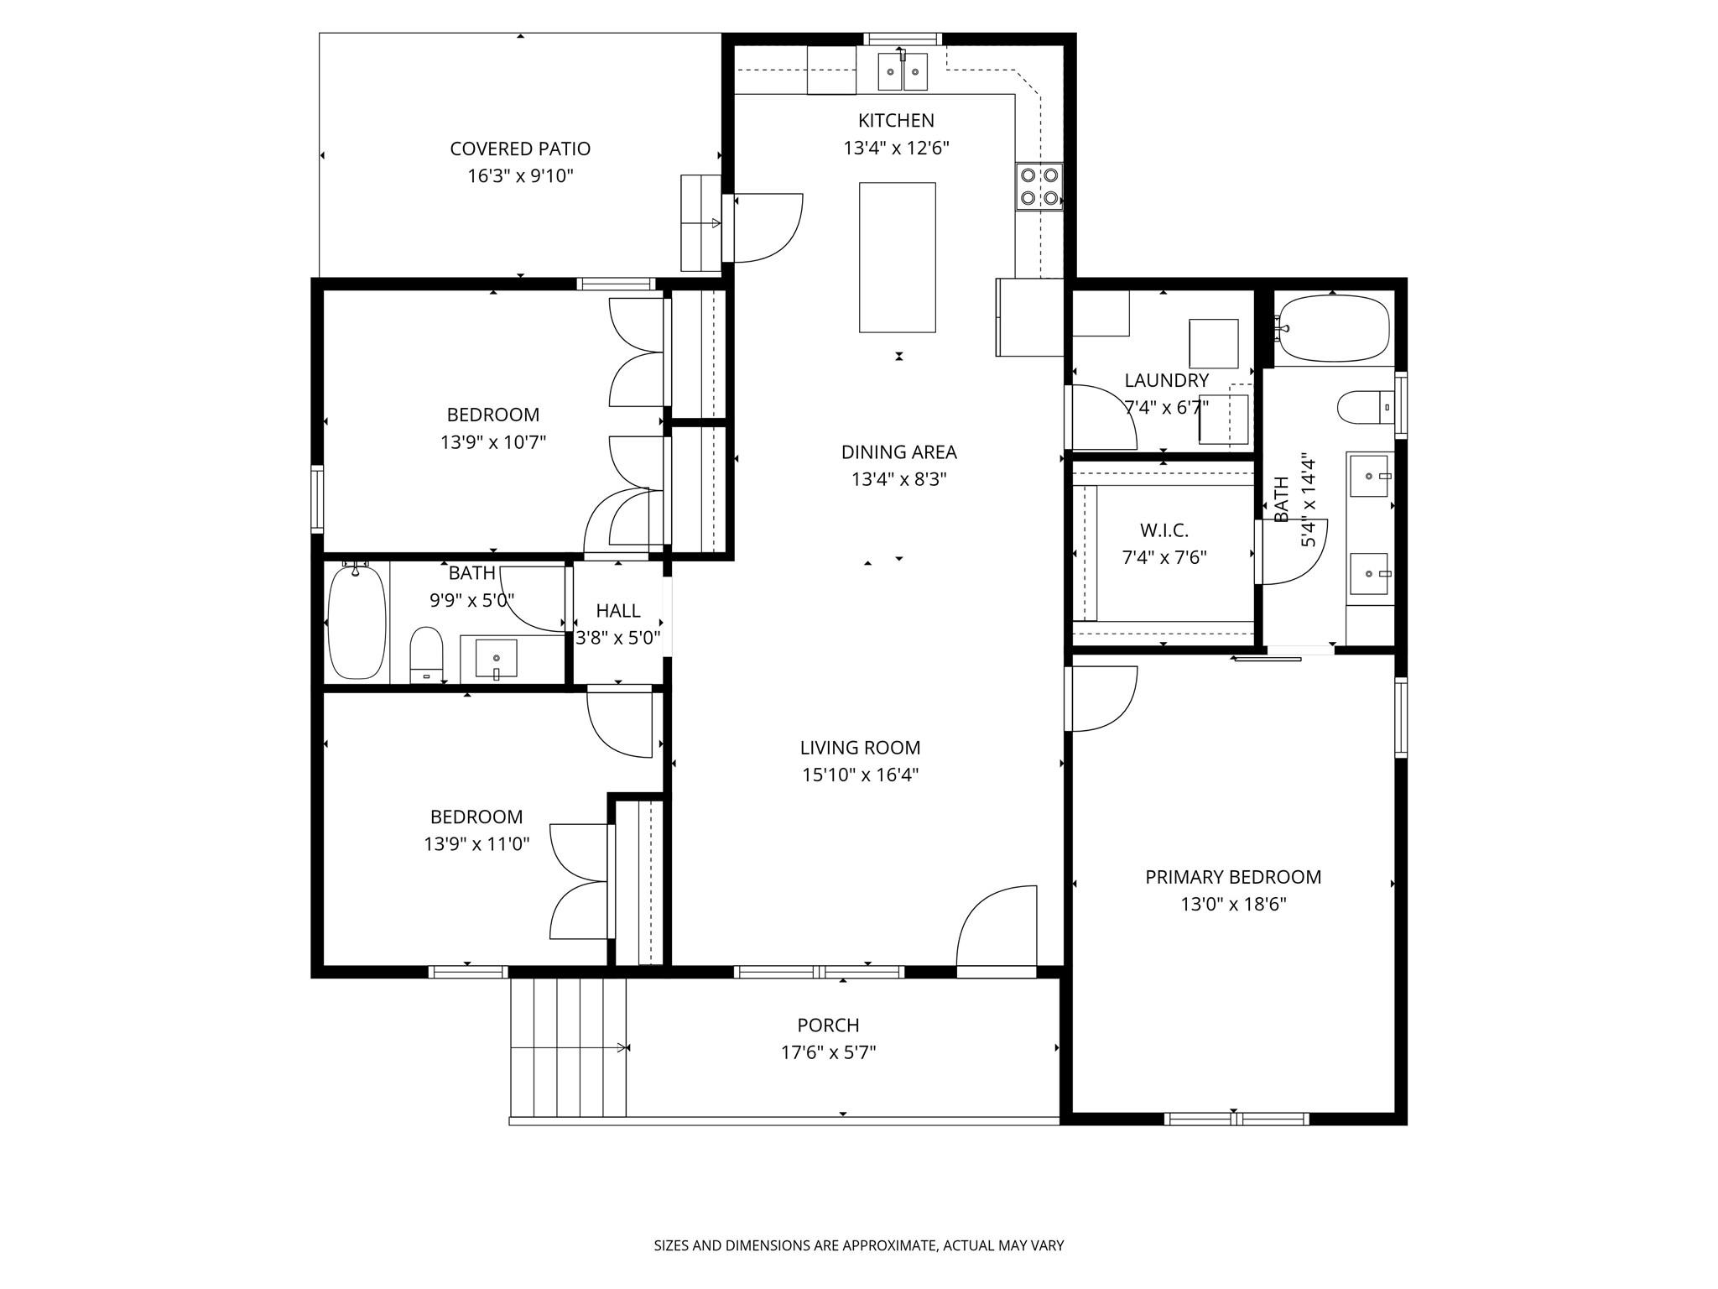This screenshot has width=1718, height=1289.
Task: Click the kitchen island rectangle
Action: (x=897, y=257)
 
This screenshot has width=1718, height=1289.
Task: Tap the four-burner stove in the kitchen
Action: (x=1039, y=186)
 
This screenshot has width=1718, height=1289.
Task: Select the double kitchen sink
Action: (x=903, y=71)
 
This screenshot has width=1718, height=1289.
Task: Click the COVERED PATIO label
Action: (x=520, y=149)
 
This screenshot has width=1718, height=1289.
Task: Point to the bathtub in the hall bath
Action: (x=357, y=622)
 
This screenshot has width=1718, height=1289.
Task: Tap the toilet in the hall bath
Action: (x=426, y=655)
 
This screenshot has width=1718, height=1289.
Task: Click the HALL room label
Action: (x=618, y=611)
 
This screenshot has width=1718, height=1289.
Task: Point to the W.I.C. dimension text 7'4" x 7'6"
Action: (x=1164, y=557)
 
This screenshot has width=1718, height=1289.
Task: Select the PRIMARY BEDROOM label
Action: (x=1233, y=877)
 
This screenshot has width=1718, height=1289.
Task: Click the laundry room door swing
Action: (x=1101, y=417)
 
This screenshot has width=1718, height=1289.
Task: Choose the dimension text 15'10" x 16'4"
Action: (x=861, y=775)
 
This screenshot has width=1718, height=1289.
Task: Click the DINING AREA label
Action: (x=898, y=452)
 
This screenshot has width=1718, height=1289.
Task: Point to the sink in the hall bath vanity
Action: (x=496, y=658)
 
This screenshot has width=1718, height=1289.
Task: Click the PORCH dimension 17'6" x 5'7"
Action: (x=828, y=1052)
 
